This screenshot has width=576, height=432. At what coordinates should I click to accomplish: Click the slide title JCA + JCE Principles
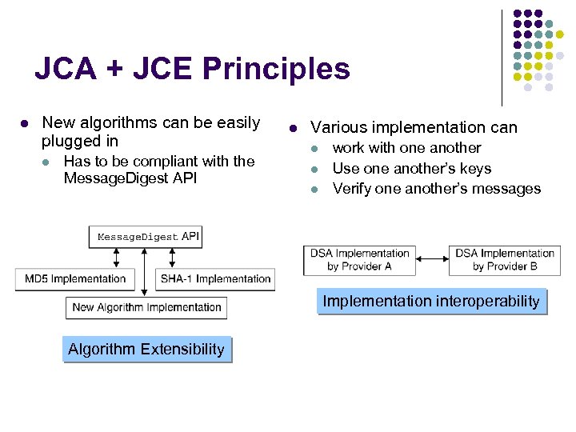click(192, 70)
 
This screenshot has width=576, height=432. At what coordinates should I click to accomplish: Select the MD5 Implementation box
click(75, 279)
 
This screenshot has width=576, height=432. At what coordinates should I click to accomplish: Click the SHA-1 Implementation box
click(215, 279)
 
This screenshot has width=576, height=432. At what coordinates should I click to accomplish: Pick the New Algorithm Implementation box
click(146, 307)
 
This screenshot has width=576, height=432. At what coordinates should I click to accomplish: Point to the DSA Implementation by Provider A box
click(360, 260)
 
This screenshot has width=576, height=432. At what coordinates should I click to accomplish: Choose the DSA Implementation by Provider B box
click(505, 260)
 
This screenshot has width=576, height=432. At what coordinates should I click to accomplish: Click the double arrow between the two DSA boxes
click(432, 259)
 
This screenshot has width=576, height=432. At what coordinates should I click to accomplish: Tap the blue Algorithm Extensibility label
click(146, 350)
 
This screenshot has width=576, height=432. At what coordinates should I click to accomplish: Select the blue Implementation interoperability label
click(431, 302)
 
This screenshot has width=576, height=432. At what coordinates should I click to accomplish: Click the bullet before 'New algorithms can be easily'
click(25, 124)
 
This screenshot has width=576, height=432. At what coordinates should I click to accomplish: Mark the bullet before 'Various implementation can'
click(294, 128)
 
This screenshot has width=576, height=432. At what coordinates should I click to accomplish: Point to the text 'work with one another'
click(406, 148)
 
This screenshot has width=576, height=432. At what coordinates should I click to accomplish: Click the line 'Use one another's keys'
click(411, 169)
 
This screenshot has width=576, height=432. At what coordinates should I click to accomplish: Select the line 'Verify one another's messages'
click(436, 189)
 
